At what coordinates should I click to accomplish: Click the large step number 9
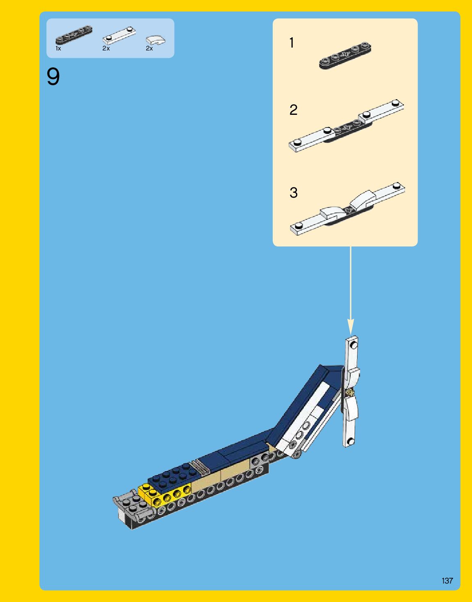(x=53, y=77)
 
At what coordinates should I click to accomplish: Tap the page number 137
(x=447, y=581)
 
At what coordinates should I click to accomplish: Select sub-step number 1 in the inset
(x=292, y=43)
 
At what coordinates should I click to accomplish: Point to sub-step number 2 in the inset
(x=293, y=110)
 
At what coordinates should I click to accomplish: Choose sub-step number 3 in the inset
(x=293, y=193)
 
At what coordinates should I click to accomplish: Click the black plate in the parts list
(x=74, y=35)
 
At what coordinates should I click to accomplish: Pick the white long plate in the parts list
(x=119, y=35)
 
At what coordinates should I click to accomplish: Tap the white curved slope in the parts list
(x=156, y=40)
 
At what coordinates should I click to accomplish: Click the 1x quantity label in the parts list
(x=58, y=48)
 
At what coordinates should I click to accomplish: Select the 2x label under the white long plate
(x=106, y=48)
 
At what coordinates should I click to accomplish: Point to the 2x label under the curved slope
(x=149, y=48)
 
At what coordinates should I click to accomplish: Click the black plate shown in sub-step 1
(x=345, y=55)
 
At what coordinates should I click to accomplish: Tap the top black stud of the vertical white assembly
(x=354, y=345)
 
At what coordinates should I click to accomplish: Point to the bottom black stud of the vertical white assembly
(x=350, y=441)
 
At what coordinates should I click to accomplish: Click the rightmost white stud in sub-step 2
(x=396, y=103)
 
